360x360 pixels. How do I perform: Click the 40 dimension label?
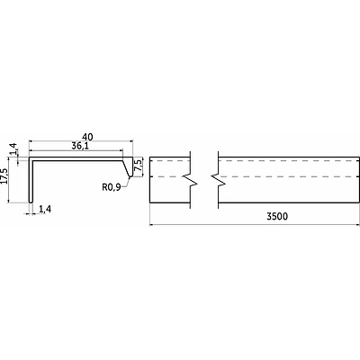pos(87,137)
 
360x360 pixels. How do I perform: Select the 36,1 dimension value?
pos(81,146)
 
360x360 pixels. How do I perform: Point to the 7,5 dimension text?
pos(139,166)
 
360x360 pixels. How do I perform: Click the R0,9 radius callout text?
pos(112,187)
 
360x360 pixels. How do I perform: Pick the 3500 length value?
pos(277,216)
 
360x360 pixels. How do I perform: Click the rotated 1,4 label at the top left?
pos(13,149)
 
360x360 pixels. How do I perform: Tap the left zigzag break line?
pos(190,179)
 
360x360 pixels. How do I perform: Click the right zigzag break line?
pos(219,179)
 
